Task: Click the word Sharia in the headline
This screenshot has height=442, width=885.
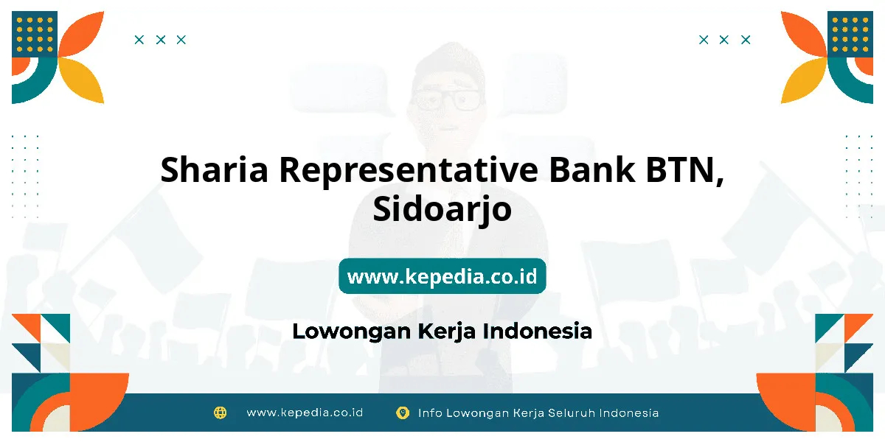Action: pyautogui.click(x=214, y=169)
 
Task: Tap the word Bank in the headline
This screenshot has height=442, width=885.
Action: pyautogui.click(x=591, y=169)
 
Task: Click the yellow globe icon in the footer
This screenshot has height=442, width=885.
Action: pyautogui.click(x=220, y=413)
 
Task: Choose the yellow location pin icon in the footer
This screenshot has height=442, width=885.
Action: pyautogui.click(x=403, y=413)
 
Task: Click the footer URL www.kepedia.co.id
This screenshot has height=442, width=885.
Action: pyautogui.click(x=305, y=413)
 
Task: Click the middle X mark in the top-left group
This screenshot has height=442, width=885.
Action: pyautogui.click(x=161, y=40)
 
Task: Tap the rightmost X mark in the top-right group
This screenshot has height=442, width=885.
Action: pyautogui.click(x=746, y=40)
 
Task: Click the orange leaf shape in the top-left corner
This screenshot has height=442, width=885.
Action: pyautogui.click(x=82, y=34)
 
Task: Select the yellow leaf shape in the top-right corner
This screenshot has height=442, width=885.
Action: pyautogui.click(x=803, y=80)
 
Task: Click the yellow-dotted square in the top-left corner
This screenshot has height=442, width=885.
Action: pyautogui.click(x=35, y=34)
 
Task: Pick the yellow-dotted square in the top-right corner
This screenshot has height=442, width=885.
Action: pyautogui.click(x=850, y=34)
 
